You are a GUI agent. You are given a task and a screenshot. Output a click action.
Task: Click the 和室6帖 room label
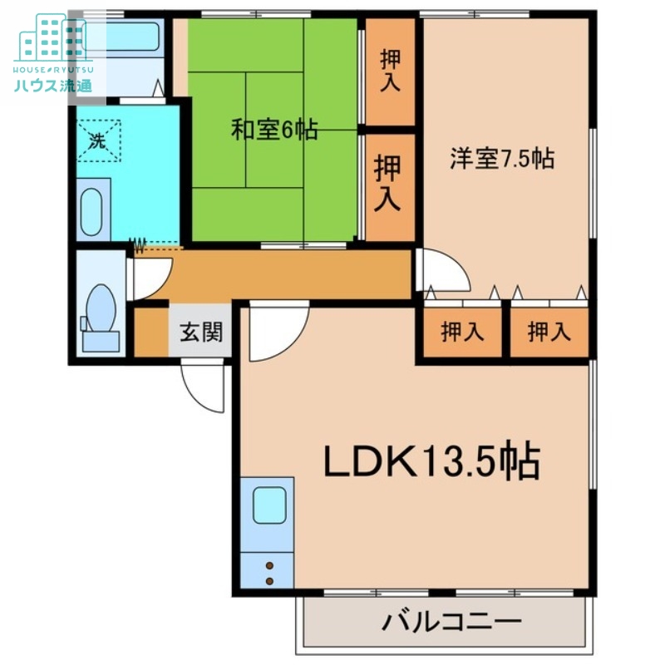pos(273,131)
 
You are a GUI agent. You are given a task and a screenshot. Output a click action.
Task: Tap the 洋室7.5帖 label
pos(502,158)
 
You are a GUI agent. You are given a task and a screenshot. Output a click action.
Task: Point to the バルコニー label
pos(452,622)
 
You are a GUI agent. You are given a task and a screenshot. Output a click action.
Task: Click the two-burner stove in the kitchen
pos(268,572)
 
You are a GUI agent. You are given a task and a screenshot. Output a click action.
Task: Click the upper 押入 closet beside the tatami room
pos(390,71)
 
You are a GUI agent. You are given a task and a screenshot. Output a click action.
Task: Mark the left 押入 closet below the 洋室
pos(461,332)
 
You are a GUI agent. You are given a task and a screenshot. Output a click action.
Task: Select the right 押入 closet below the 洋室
pos(549,332)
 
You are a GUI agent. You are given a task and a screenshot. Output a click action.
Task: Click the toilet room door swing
pos(150,278)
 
